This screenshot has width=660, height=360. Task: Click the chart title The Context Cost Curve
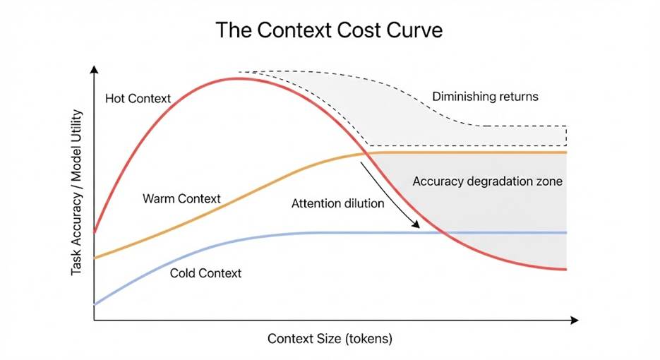click(330, 30)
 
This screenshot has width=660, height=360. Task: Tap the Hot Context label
click(138, 98)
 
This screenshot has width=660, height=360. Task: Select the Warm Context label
click(181, 198)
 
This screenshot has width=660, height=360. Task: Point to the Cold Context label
click(205, 272)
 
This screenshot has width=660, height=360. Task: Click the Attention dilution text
click(337, 203)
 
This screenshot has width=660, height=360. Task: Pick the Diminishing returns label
click(485, 96)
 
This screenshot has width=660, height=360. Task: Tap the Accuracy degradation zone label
click(487, 181)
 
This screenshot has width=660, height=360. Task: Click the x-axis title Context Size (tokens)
click(330, 338)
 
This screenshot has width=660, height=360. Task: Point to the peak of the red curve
click(240, 78)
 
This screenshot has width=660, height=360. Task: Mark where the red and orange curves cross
click(367, 153)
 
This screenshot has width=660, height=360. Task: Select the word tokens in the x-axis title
click(369, 338)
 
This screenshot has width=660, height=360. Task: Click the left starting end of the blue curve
click(95, 304)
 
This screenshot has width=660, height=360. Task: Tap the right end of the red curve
click(567, 269)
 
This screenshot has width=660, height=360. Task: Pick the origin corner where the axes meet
click(94, 320)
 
